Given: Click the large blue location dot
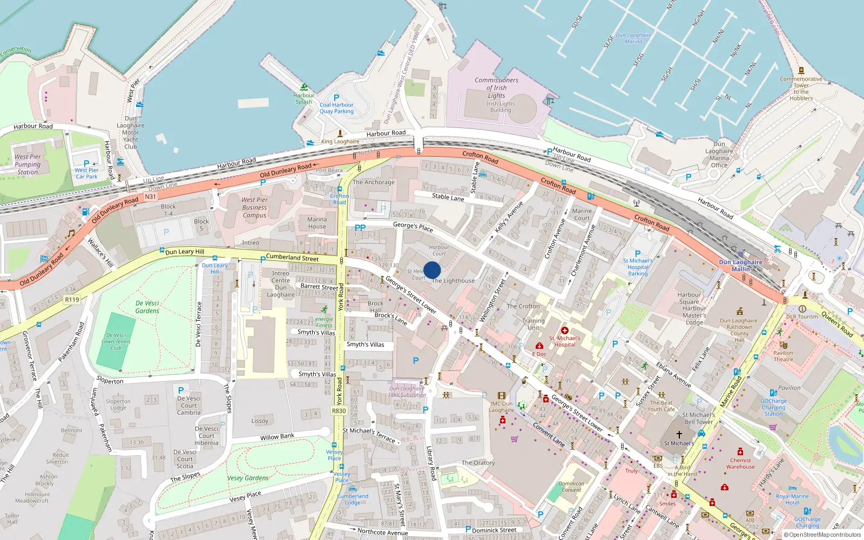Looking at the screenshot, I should (432, 270).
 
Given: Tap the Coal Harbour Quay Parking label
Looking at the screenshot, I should (336, 108).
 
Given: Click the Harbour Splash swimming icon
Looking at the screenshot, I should (304, 87).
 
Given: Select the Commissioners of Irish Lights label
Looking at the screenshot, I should (496, 87).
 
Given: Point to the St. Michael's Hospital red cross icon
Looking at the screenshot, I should (565, 330).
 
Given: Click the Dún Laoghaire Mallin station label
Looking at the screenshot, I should (740, 265).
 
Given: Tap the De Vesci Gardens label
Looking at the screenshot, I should (147, 307).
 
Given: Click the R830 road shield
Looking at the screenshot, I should (339, 411).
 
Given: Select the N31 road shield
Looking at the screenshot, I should (150, 197).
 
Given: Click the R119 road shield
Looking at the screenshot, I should (72, 299).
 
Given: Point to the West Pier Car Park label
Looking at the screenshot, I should (86, 173).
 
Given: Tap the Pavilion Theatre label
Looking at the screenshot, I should (783, 356).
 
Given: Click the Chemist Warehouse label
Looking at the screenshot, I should (740, 463).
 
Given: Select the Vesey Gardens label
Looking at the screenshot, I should (248, 478).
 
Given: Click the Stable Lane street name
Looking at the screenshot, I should (448, 197).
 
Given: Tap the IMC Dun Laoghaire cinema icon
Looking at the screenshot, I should (502, 395).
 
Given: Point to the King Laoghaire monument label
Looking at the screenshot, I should (340, 141).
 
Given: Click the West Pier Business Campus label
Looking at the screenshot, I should (254, 207).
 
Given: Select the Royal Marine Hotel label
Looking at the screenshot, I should (792, 499).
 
